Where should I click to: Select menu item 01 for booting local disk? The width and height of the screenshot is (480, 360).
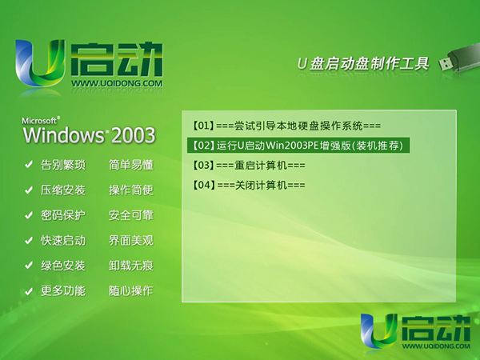tap(287, 126)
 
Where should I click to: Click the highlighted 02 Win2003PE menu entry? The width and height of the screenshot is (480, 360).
tap(298, 146)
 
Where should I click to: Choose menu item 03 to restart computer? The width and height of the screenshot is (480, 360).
tap(249, 166)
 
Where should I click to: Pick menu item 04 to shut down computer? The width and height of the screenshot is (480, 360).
tap(249, 185)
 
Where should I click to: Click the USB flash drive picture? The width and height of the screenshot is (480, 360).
tap(459, 60)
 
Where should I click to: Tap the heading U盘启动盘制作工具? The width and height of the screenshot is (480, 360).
tap(363, 64)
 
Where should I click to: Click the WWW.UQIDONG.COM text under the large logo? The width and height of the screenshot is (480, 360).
tap(117, 83)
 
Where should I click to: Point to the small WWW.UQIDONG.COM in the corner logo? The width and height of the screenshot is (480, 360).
tap(436, 346)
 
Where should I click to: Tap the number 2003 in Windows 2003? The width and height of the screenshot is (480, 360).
tap(133, 135)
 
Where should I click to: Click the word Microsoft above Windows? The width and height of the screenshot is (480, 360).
tap(39, 121)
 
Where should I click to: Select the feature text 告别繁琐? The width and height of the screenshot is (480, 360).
tap(63, 165)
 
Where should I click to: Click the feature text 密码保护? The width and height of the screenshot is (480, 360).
tap(63, 215)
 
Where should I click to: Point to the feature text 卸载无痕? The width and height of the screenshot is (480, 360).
tap(131, 266)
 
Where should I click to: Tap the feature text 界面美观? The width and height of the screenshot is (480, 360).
tap(131, 240)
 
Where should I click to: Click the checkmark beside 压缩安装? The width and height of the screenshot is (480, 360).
tap(29, 190)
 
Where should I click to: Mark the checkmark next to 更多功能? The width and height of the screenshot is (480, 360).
tap(29, 291)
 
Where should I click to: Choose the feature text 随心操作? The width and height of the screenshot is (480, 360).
tap(131, 290)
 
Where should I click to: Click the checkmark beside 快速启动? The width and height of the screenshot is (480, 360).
tap(29, 241)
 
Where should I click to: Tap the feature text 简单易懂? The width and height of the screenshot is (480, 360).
tap(131, 165)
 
